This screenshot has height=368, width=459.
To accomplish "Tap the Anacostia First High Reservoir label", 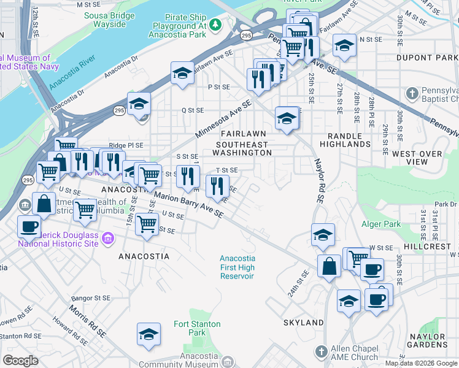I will tap(237, 267).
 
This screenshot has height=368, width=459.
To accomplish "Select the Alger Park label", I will tap(380, 224).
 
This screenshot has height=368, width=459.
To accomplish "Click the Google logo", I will tap(20, 361).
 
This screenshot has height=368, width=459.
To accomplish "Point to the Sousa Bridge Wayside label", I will tap(109, 19).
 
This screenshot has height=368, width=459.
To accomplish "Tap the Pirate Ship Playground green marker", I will tap(215, 25).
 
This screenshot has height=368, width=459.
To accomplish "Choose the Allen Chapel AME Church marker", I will tap(320, 351).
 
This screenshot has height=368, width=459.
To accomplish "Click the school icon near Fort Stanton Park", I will tap(148, 334).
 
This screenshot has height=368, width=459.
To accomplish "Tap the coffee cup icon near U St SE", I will tap(28, 226).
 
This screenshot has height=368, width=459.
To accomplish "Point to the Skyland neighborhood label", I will tap(303, 322).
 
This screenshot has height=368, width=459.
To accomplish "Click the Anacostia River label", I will tap(76, 72).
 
